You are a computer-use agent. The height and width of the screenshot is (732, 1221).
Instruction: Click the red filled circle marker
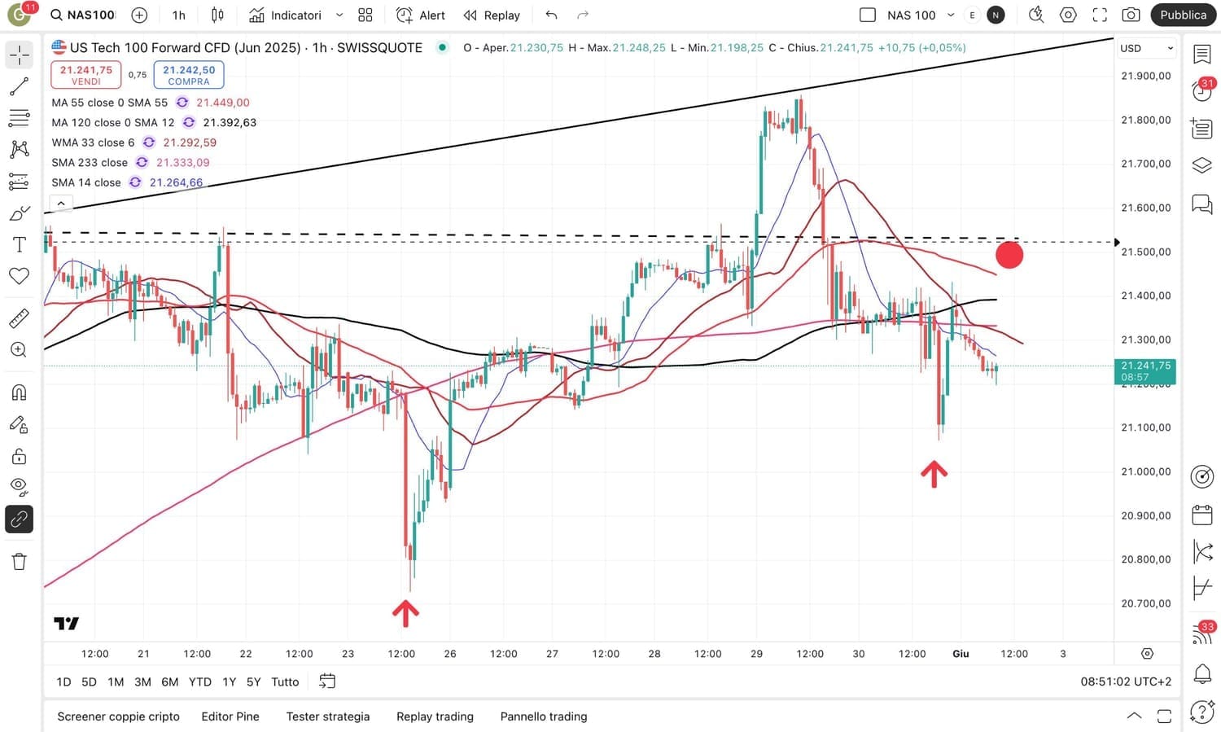tap(1009, 255)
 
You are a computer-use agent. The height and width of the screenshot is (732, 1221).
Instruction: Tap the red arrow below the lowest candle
tap(405, 613)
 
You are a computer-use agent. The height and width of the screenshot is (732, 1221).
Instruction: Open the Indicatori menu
tap(286, 15)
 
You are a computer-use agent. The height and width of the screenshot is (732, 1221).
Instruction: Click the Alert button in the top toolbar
tap(421, 15)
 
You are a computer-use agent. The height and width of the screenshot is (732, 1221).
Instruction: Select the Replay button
tap(492, 15)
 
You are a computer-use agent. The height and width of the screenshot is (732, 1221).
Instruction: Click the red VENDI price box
tap(85, 74)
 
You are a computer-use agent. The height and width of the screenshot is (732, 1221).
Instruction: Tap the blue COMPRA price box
tap(189, 74)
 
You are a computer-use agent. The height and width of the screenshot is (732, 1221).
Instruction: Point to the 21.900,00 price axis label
tap(1145, 76)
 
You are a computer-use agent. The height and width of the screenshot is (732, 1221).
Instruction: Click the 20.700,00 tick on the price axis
tap(1145, 603)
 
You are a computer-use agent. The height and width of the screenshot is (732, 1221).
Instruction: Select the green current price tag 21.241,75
tap(1144, 370)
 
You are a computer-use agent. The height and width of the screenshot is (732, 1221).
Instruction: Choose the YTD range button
tap(199, 682)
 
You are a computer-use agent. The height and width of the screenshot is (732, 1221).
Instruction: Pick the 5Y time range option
tap(253, 682)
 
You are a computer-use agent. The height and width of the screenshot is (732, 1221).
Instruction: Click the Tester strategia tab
tap(327, 717)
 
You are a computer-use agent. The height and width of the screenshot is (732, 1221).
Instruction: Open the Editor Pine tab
tap(230, 717)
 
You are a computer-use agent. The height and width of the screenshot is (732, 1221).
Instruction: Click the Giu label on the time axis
tap(961, 654)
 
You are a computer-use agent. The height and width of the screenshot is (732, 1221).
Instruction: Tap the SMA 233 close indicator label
tap(90, 162)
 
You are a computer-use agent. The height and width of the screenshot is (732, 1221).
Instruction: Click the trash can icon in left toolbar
tap(19, 561)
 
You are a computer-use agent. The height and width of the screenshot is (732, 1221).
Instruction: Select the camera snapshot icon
tap(1131, 15)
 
